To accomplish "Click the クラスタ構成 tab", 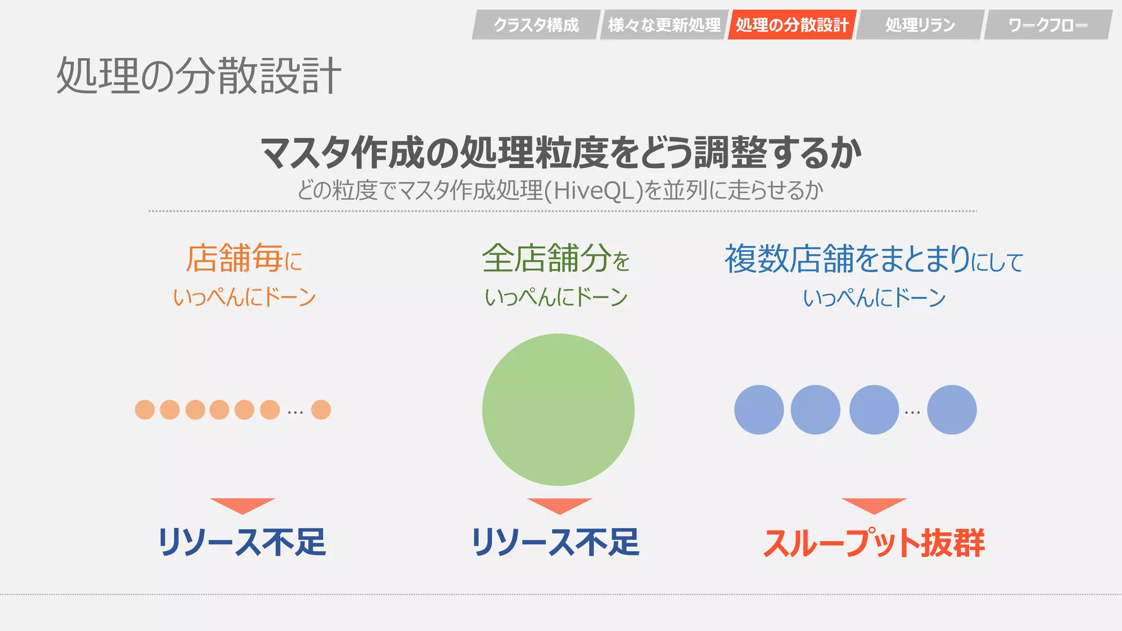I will point(536,25).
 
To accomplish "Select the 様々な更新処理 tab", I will point(664,25).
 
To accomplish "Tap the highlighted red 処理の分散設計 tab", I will point(792,25).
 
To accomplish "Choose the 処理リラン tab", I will point(920,25).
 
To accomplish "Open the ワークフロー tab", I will point(1047,25).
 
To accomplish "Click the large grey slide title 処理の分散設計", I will point(199,76).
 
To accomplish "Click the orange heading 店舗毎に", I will point(244,258).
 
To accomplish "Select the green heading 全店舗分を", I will point(556,258).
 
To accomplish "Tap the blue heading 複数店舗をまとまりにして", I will point(874,259).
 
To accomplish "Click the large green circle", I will point(558,410).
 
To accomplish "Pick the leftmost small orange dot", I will point(145,410).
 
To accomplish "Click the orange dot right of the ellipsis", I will point(321,410).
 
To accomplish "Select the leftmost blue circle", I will point(759,410).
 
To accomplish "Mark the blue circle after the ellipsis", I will point(952,410).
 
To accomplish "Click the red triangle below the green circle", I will point(559,505).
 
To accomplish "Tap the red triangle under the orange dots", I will point(242,505).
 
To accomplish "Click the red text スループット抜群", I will point(874,543).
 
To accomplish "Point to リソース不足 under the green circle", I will point(556,542).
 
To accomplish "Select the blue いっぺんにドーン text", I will point(874,298).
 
